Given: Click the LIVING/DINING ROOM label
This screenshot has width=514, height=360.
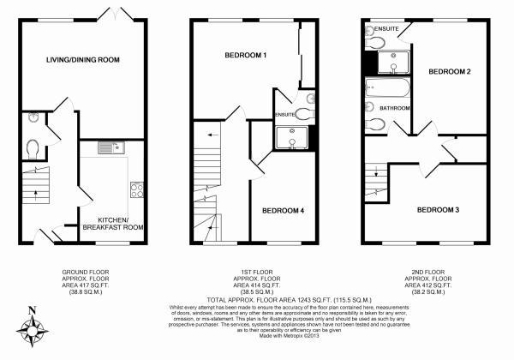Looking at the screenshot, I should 83,59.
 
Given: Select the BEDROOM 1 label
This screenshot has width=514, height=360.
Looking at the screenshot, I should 246,56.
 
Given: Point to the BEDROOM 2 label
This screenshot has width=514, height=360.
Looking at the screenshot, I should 450,72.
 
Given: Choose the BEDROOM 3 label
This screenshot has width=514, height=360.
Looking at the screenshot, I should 439,209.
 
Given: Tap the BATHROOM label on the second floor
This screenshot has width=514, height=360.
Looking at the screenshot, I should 396,108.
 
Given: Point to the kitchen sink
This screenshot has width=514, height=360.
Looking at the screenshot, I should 111,148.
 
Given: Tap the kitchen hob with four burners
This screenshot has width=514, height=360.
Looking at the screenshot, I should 135,189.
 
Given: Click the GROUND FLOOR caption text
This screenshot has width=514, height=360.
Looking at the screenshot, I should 86,272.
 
